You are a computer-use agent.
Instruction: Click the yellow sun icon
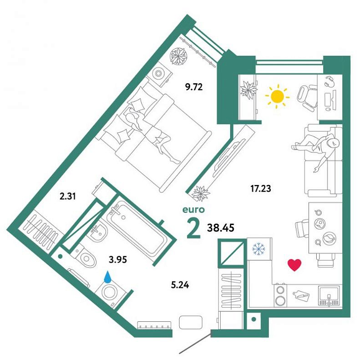pos(278,96)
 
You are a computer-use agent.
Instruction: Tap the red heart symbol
pos(294,265)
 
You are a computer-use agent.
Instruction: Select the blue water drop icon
pos(107,277)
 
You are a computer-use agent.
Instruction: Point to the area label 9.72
pos(194,87)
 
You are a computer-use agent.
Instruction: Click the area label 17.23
pos(260,189)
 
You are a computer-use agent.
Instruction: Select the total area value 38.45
pos(220,228)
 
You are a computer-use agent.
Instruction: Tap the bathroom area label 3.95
pos(118,260)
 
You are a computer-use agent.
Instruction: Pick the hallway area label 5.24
pos(180,285)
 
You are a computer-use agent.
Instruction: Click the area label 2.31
pos(68,196)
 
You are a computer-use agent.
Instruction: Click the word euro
pos(194,210)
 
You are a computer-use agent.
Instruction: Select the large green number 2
pos(194,229)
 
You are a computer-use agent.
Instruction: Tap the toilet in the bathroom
pos(84,257)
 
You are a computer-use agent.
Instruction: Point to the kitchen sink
pos(329,296)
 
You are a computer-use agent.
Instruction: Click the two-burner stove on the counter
pos(280,295)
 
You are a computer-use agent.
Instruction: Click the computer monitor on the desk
pos(334,100)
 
